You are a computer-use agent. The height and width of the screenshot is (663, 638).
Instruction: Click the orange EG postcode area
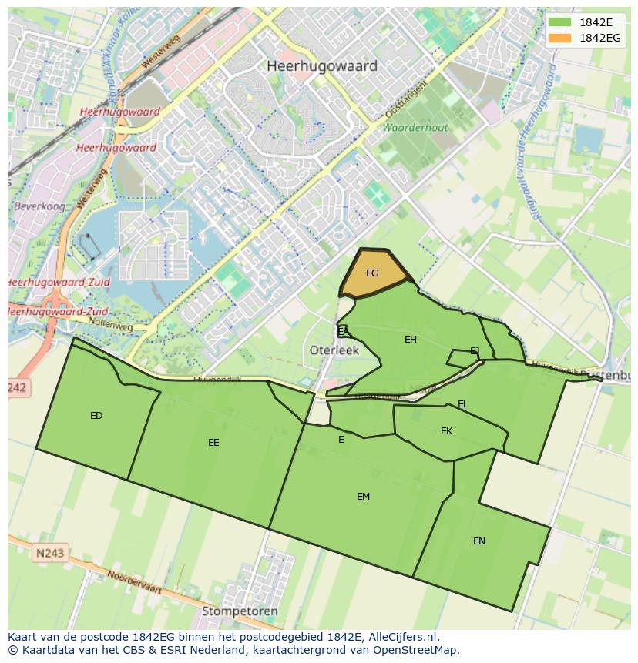point(372,273)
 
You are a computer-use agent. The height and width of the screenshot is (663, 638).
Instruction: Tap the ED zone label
point(96,416)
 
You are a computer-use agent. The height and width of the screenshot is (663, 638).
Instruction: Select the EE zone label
point(213,443)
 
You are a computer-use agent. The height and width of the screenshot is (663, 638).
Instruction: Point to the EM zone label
point(363,497)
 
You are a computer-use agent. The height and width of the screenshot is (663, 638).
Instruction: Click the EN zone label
point(479,541)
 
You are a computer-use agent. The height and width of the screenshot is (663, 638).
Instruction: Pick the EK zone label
point(446,431)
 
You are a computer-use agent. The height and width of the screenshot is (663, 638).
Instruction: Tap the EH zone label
point(411,340)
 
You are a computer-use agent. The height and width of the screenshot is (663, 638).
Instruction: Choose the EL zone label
point(462,404)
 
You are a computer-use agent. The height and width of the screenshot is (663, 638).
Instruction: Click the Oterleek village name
point(334,350)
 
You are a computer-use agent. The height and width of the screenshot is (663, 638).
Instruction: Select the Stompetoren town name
point(240,611)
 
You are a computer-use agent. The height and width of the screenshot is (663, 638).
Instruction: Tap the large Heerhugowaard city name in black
point(322,66)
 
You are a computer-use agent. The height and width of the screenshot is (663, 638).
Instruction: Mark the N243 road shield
point(50,553)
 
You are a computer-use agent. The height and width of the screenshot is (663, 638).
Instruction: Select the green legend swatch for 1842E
point(559,22)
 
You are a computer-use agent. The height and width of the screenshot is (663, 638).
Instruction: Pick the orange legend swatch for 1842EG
point(559,38)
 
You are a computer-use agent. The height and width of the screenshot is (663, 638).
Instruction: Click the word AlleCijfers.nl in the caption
point(402,637)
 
